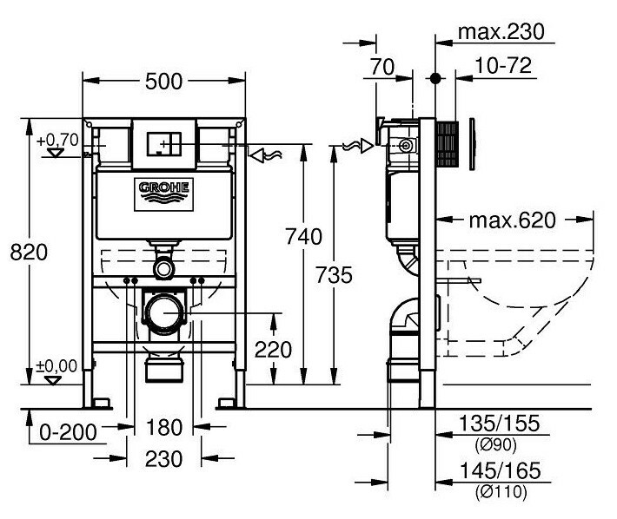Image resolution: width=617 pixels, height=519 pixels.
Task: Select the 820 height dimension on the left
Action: pyautogui.click(x=27, y=252)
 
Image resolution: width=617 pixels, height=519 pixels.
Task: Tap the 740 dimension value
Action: pyautogui.click(x=304, y=236)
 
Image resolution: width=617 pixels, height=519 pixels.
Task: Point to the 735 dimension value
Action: pyautogui.click(x=335, y=275)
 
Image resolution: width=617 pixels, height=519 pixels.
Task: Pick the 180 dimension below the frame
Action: pyautogui.click(x=164, y=429)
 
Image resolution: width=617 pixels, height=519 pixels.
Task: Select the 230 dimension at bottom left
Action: pyautogui.click(x=164, y=458)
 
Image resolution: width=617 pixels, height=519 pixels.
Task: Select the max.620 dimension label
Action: pyautogui.click(x=511, y=220)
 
